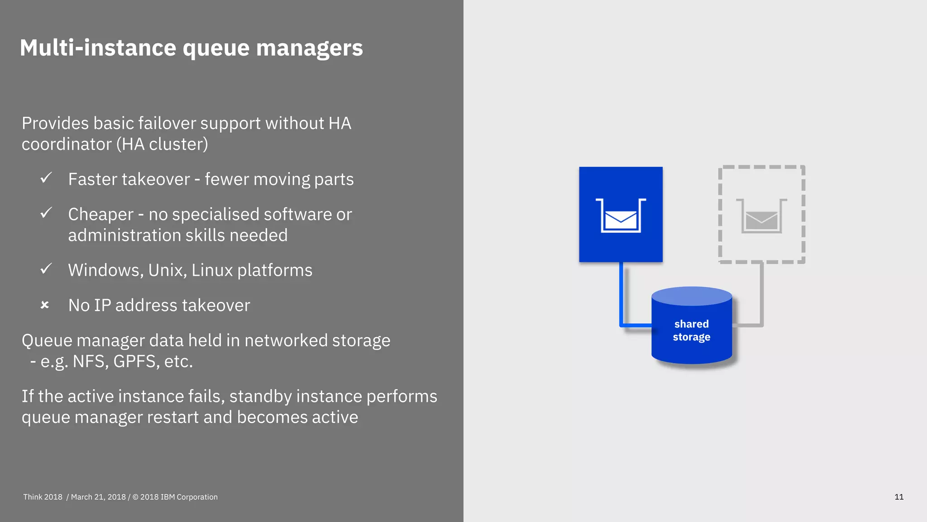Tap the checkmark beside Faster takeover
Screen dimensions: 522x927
pyautogui.click(x=46, y=178)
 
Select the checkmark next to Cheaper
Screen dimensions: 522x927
pyautogui.click(x=46, y=213)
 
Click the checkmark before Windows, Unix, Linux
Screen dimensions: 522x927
pyautogui.click(x=46, y=269)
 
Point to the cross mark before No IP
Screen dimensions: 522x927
pyautogui.click(x=45, y=305)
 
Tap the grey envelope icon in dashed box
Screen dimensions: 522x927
pyautogui.click(x=761, y=220)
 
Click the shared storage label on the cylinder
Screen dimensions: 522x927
pyautogui.click(x=691, y=330)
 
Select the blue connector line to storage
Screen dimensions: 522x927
pyautogui.click(x=621, y=295)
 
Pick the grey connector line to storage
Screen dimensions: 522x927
pyautogui.click(x=762, y=295)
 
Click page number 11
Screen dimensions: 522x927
pyautogui.click(x=899, y=497)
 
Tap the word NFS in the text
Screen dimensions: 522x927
pyautogui.click(x=90, y=362)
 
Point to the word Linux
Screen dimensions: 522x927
pyautogui.click(x=211, y=271)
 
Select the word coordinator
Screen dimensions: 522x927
pyautogui.click(x=67, y=145)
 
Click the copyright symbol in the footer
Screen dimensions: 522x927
pyautogui.click(x=135, y=497)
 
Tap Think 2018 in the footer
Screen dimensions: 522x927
pyautogui.click(x=43, y=497)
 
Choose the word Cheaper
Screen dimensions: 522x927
pyautogui.click(x=101, y=215)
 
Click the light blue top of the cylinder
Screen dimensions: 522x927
pyautogui.click(x=692, y=296)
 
